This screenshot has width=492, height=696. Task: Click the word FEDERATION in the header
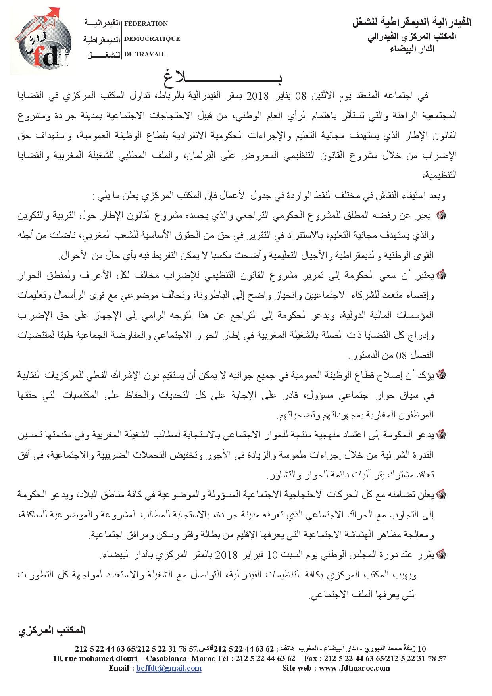coord(146,24)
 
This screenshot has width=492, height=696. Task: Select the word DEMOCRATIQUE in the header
coord(152,39)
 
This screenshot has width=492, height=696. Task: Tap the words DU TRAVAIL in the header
coord(145,54)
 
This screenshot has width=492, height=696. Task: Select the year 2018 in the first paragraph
coord(258,96)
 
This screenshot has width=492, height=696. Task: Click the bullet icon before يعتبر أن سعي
coord(440,274)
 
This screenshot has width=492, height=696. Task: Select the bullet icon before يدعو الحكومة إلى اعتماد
coord(440,435)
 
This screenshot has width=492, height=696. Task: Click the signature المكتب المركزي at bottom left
coord(52,630)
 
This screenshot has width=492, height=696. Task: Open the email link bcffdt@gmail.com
coord(169,668)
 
